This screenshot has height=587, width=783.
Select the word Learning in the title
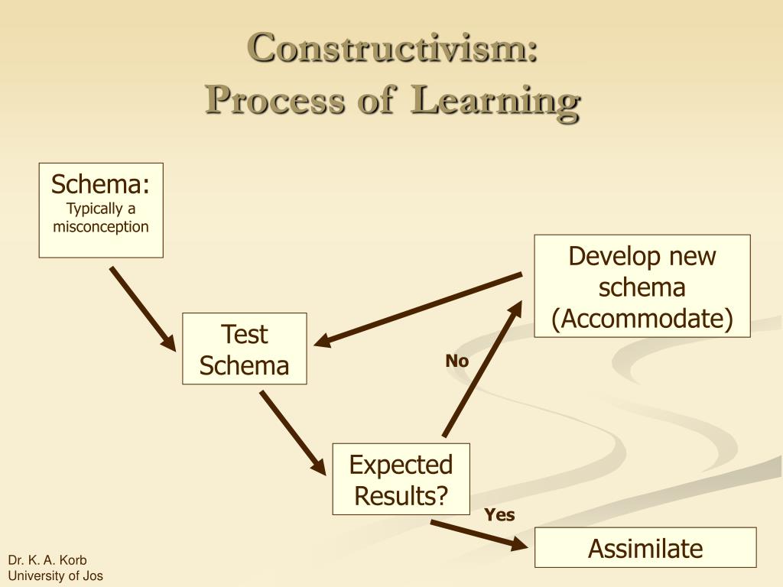click(495, 101)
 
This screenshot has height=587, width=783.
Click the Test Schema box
click(245, 349)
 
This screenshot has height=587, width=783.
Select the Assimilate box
click(645, 548)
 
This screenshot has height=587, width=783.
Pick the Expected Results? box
click(401, 479)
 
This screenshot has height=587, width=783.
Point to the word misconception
click(101, 226)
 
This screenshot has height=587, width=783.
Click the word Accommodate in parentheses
click(642, 319)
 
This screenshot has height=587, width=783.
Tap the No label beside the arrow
click(457, 362)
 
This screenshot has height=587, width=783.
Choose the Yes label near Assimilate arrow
click(500, 515)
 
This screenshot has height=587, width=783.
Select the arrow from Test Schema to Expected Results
click(293, 431)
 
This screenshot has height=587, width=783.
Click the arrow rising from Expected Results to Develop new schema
click(482, 369)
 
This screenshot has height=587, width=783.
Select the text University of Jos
click(55, 576)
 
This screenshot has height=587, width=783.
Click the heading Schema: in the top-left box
click(101, 184)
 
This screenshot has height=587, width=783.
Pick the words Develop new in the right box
click(642, 257)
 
